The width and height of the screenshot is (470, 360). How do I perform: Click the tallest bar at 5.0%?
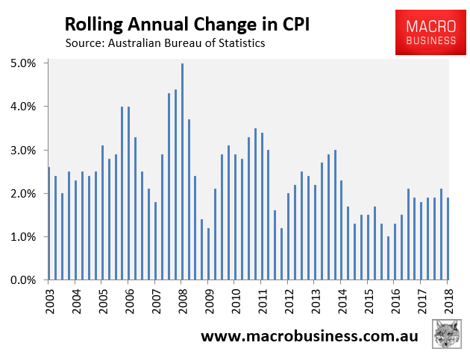[183, 171]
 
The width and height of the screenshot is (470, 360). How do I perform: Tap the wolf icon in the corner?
[445, 335]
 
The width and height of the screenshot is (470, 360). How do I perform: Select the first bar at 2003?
[49, 224]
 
